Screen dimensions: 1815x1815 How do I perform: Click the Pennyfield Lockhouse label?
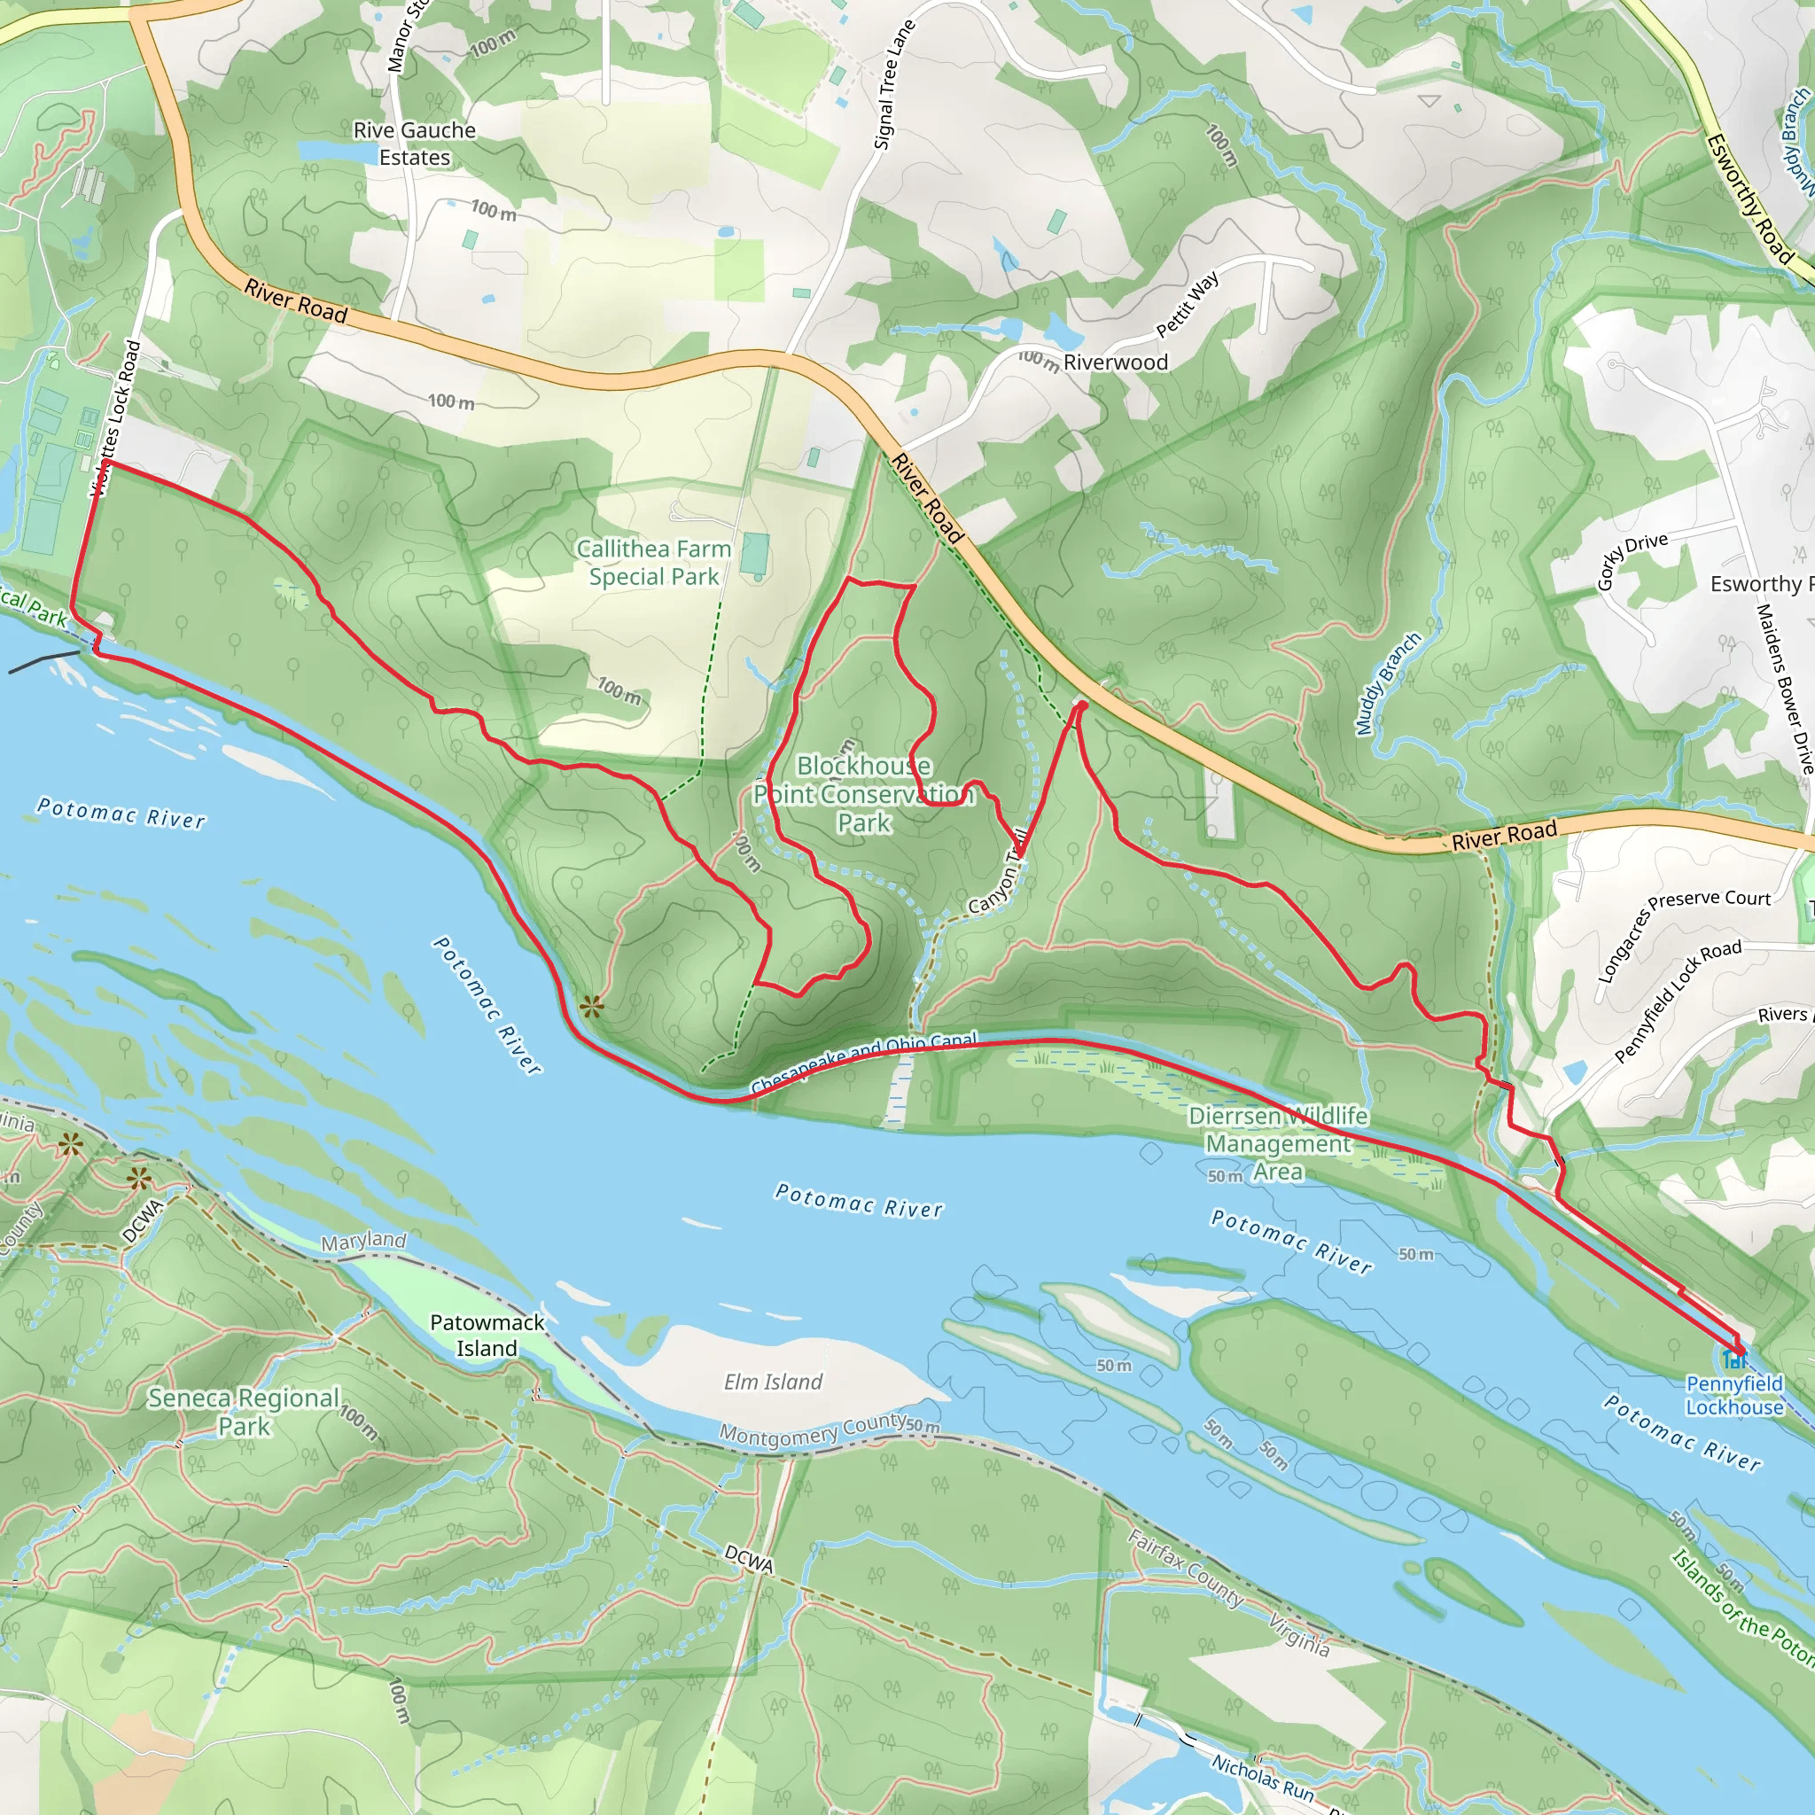pyautogui.click(x=1733, y=1395)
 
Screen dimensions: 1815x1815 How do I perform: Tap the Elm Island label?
pyautogui.click(x=772, y=1382)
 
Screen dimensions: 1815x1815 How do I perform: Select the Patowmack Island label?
pyautogui.click(x=487, y=1335)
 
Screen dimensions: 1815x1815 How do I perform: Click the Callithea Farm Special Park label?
pyautogui.click(x=653, y=562)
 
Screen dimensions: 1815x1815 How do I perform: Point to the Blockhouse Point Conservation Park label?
pyautogui.click(x=863, y=794)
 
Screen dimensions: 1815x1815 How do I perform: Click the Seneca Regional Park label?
pyautogui.click(x=244, y=1411)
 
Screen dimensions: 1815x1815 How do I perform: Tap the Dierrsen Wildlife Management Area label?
pyautogui.click(x=1278, y=1143)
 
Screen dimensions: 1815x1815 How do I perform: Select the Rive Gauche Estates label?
pyautogui.click(x=414, y=144)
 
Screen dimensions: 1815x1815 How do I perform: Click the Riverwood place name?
pyautogui.click(x=1115, y=362)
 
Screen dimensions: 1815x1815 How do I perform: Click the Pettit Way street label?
pyautogui.click(x=1188, y=304)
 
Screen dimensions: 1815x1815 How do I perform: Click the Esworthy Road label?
pyautogui.click(x=1749, y=199)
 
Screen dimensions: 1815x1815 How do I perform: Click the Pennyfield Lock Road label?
pyautogui.click(x=1678, y=1001)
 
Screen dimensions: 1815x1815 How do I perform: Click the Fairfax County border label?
pyautogui.click(x=1186, y=1568)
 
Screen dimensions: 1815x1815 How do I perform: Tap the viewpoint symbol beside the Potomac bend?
pyautogui.click(x=591, y=1008)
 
